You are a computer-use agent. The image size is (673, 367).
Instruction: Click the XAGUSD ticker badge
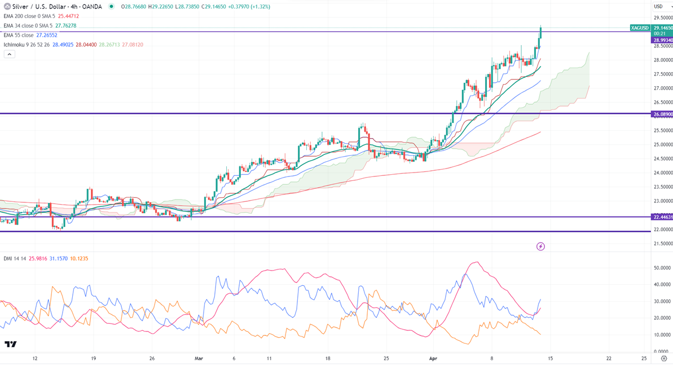[640, 28]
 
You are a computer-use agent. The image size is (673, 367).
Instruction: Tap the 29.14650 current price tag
[662, 27]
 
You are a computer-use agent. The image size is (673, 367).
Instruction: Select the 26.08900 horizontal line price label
[662, 114]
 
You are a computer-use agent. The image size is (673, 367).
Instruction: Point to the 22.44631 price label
[662, 217]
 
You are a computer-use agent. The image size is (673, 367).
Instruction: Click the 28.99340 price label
[662, 41]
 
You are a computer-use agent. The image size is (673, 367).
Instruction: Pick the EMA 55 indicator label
[18, 35]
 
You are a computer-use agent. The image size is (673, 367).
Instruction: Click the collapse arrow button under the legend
[9, 55]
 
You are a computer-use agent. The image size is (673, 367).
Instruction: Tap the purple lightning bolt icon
[540, 246]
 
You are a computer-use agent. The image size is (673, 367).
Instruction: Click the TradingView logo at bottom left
[10, 344]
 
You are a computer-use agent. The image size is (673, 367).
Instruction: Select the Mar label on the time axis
[198, 358]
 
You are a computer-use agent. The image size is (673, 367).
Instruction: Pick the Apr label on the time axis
[433, 358]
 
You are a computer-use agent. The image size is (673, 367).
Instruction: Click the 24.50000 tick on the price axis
[662, 158]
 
